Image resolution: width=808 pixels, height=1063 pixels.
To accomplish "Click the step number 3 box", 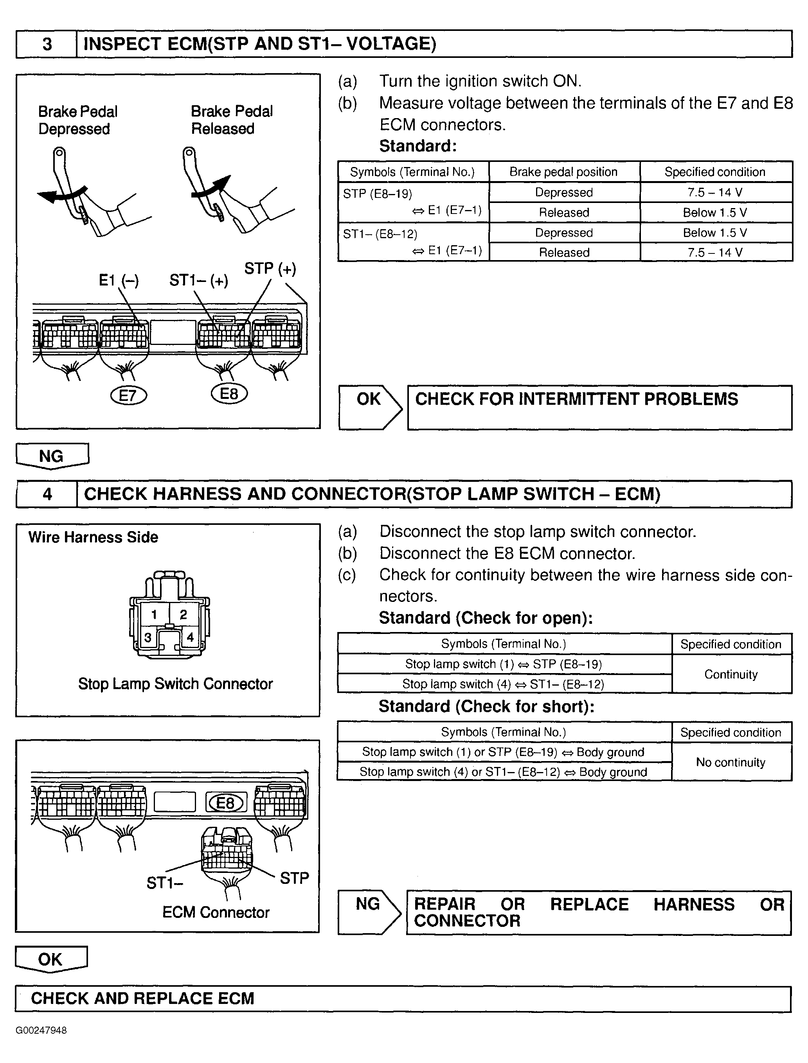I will tap(47, 44).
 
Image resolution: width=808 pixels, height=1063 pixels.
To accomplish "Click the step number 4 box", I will tap(47, 494).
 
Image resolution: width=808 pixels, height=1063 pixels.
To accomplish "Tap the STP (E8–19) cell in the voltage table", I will tap(413, 202).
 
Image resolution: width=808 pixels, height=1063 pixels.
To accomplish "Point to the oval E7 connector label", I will tap(128, 396).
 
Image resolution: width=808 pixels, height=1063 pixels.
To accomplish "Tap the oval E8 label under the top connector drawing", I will tap(229, 394).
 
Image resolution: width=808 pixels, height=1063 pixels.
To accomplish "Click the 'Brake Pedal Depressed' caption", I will tap(77, 120).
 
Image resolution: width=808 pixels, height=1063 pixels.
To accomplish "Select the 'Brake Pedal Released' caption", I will tap(231, 120).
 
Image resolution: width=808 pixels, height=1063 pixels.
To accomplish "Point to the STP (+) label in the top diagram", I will tap(270, 269).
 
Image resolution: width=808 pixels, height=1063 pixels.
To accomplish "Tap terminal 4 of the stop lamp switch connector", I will tap(191, 637).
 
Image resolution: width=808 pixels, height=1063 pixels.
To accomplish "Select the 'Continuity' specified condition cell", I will tap(731, 674).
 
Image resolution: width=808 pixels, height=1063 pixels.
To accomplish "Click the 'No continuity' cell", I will tap(730, 762).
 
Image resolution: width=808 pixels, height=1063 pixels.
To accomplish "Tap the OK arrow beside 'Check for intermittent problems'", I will tap(369, 407).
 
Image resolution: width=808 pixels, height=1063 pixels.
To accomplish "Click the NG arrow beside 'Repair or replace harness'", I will tap(369, 912).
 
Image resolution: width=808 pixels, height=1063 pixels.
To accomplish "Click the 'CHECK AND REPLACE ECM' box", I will tap(403, 998).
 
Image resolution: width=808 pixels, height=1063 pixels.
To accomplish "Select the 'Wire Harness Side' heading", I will tap(93, 537).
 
